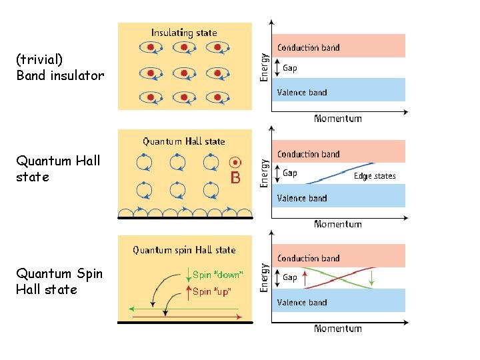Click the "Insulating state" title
pyautogui.click(x=183, y=32)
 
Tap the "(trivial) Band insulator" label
pyautogui.click(x=60, y=67)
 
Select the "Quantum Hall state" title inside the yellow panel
pyautogui.click(x=184, y=141)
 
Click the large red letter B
pyautogui.click(x=235, y=178)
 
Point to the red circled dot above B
pyautogui.click(x=235, y=162)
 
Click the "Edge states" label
pyautogui.click(x=375, y=176)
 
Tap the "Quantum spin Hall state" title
pyautogui.click(x=184, y=250)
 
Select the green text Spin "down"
pyautogui.click(x=217, y=275)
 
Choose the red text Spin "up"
pyautogui.click(x=212, y=291)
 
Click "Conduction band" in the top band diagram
pyautogui.click(x=308, y=48)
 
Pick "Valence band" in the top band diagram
pyautogui.click(x=302, y=93)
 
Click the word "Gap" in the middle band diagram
pyautogui.click(x=290, y=173)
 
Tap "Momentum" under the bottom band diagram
pyautogui.click(x=337, y=328)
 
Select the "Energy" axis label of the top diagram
pyautogui.click(x=265, y=67)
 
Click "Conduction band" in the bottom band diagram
pyautogui.click(x=308, y=259)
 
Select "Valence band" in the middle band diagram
pyautogui.click(x=302, y=198)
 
